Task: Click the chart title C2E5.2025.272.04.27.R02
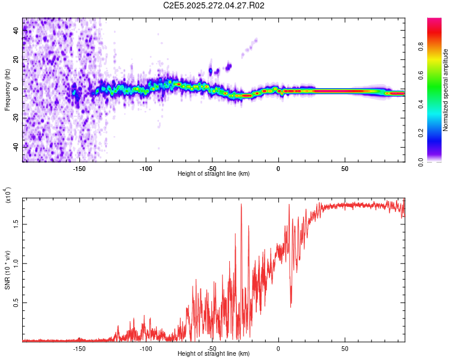point(214,6)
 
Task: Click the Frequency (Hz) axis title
point(8,90)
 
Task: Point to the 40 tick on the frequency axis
point(16,31)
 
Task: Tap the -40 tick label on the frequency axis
point(16,146)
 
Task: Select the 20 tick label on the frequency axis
point(16,60)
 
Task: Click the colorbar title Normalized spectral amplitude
point(446,90)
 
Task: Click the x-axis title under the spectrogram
point(214,174)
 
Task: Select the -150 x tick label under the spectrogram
point(80,169)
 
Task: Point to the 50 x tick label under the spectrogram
point(344,169)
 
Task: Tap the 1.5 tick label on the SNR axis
point(16,223)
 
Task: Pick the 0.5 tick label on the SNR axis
point(16,303)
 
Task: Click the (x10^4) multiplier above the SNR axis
point(8,196)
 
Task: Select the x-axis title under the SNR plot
point(214,354)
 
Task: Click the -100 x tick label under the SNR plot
point(146,349)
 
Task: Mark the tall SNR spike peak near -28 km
point(241,204)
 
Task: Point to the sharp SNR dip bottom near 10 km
point(291,307)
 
